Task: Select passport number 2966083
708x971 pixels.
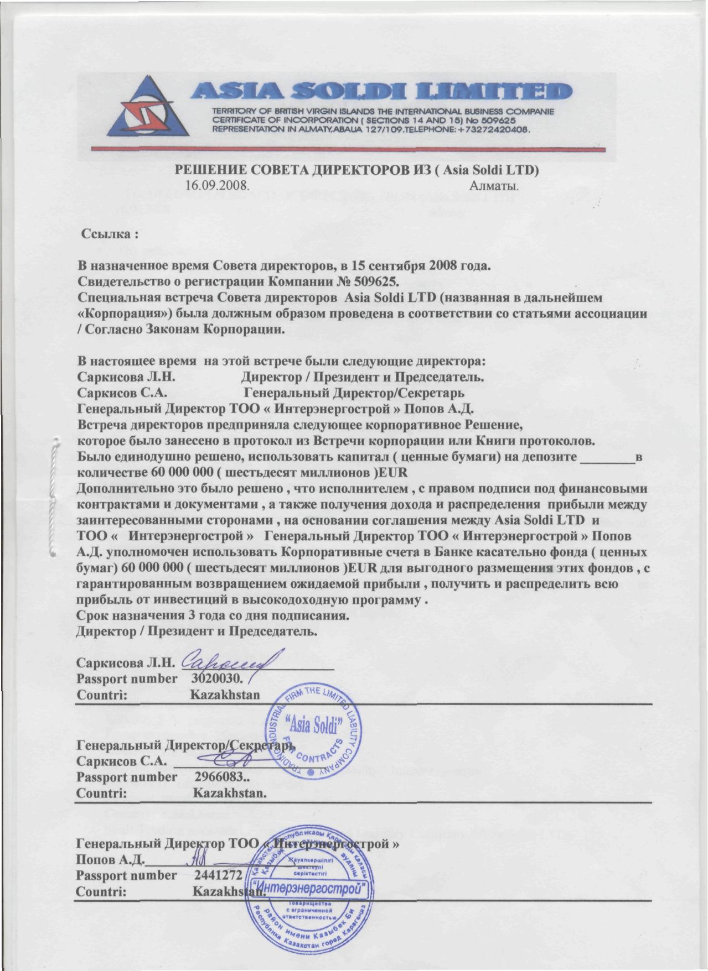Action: [x=221, y=777]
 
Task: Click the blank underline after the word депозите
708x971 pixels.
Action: [x=605, y=458]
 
